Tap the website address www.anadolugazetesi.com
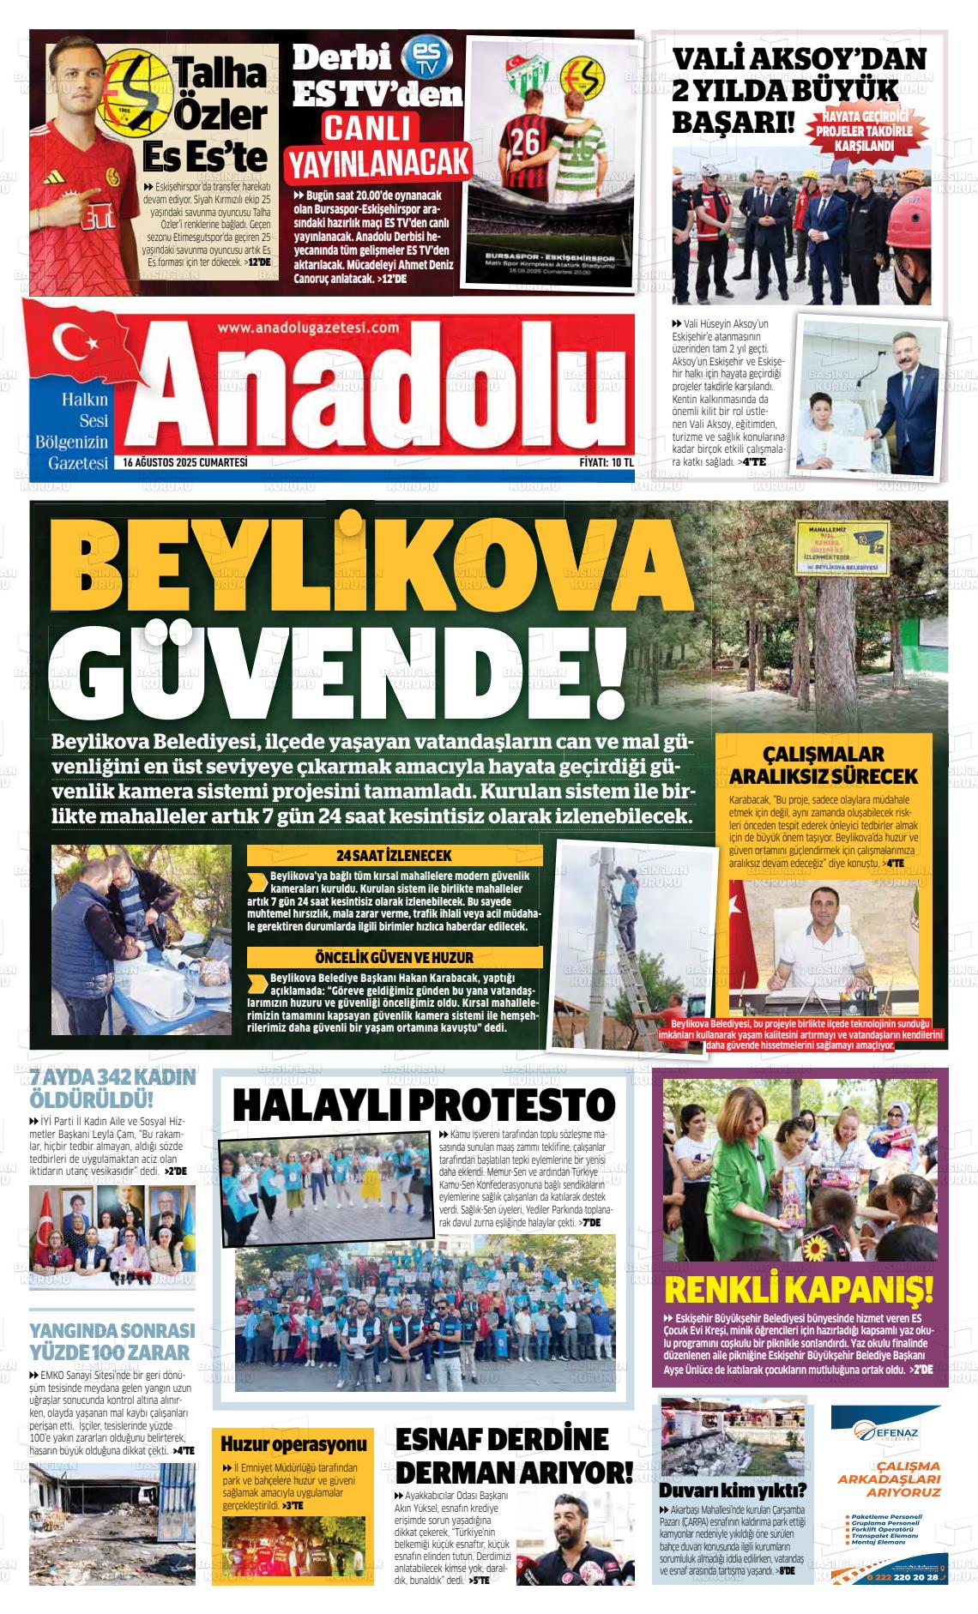[x=309, y=328]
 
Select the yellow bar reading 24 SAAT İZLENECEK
[x=395, y=855]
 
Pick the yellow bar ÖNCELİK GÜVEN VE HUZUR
[x=395, y=956]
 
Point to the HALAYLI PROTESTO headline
[x=425, y=1104]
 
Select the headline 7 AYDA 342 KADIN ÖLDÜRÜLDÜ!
[x=112, y=1088]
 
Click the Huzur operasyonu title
[x=294, y=1443]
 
